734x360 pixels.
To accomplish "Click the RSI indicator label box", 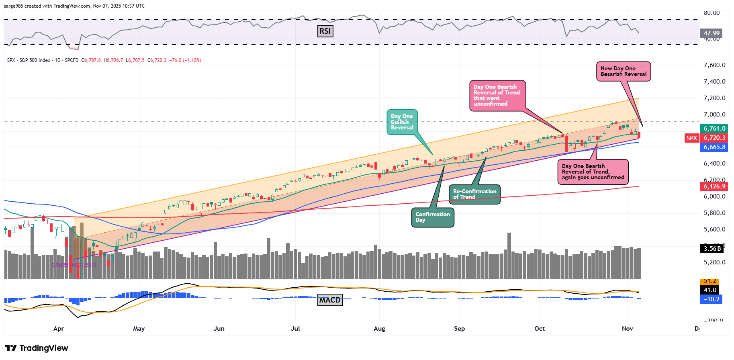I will pyautogui.click(x=325, y=31).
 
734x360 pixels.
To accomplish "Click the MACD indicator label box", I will pyautogui.click(x=330, y=300).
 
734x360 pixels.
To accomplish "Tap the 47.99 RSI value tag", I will pyautogui.click(x=712, y=33).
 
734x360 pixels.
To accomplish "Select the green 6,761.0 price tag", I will pyautogui.click(x=714, y=129).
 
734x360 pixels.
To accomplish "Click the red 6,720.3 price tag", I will pyautogui.click(x=714, y=138).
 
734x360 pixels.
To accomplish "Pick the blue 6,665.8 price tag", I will pyautogui.click(x=714, y=147).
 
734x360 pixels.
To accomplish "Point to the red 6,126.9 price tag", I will pyautogui.click(x=714, y=186).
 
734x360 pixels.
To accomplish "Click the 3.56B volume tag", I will pyautogui.click(x=712, y=248).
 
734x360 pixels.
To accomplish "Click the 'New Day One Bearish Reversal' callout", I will pyautogui.click(x=623, y=72).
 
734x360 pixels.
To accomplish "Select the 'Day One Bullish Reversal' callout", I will pyautogui.click(x=402, y=122).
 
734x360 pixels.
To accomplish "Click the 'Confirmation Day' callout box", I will pyautogui.click(x=432, y=217).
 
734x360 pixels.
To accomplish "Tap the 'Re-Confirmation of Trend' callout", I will pyautogui.click(x=474, y=194).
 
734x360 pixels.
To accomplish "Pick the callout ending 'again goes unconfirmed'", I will pyautogui.click(x=593, y=172).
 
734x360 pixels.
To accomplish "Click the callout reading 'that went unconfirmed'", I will pyautogui.click(x=497, y=96).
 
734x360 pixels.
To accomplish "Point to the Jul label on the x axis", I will pyautogui.click(x=295, y=329).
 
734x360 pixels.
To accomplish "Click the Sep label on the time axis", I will pyautogui.click(x=459, y=329).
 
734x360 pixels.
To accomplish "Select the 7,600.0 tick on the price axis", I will pyautogui.click(x=714, y=65).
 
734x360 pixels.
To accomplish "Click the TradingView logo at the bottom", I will pyautogui.click(x=37, y=348).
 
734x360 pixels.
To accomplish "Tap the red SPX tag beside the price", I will pyautogui.click(x=692, y=138).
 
